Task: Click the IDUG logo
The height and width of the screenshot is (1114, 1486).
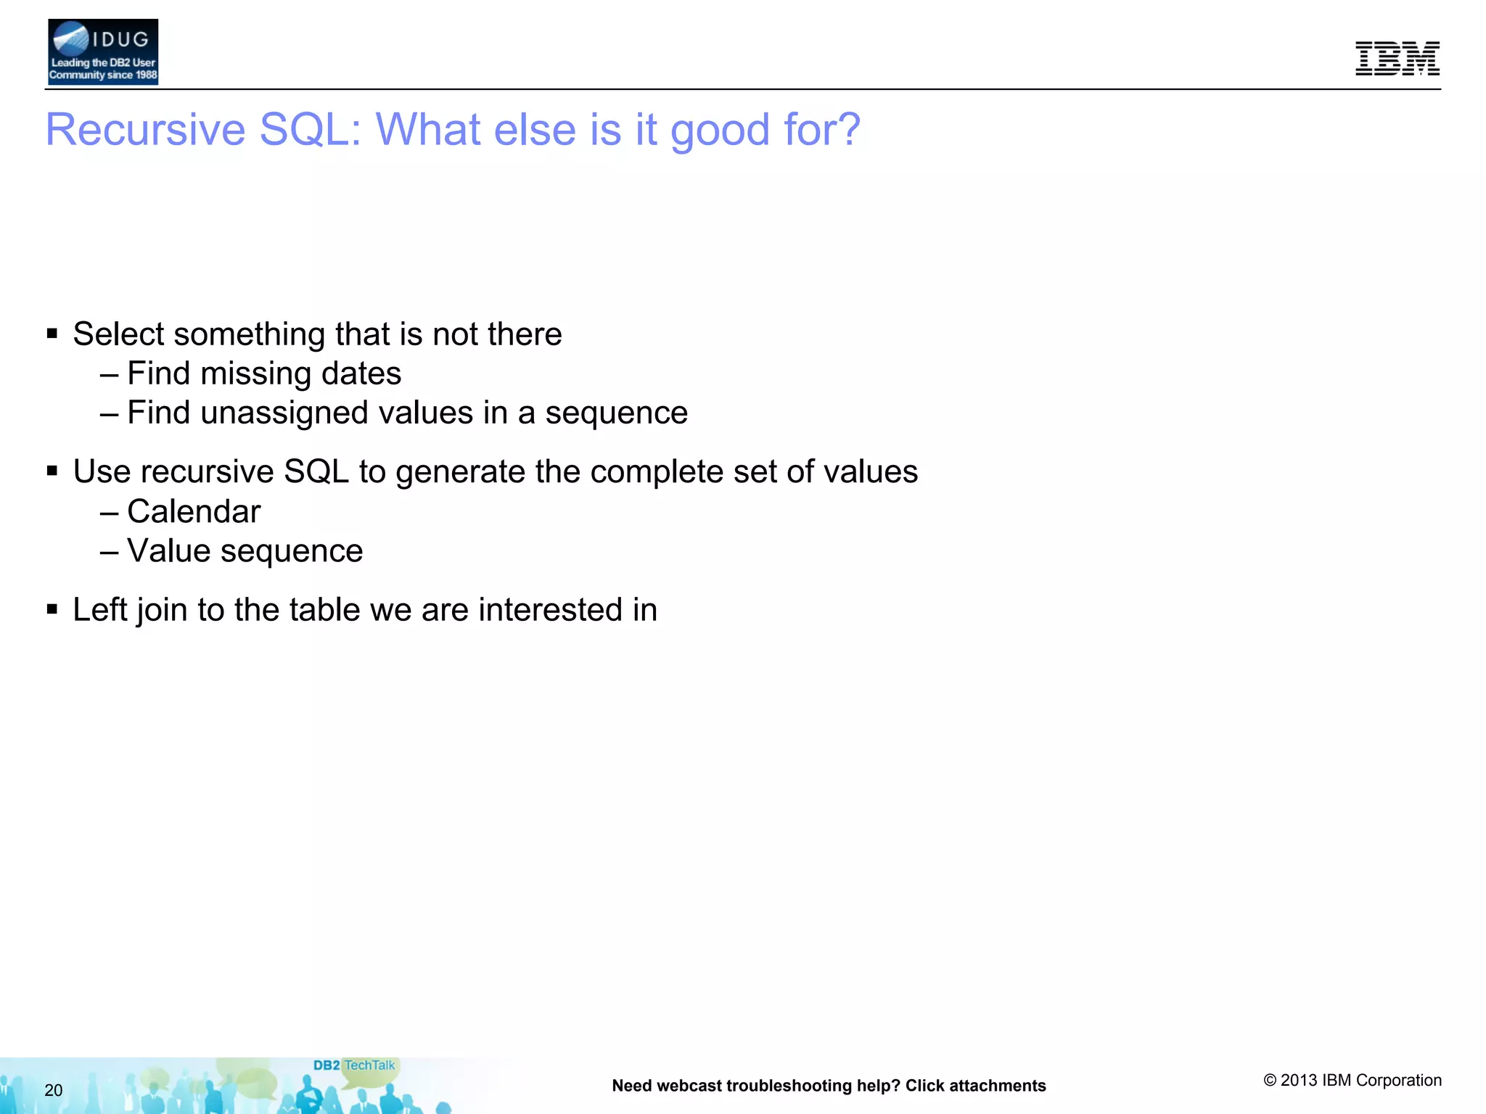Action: coord(102,52)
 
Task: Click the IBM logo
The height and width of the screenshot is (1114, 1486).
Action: coord(1397,58)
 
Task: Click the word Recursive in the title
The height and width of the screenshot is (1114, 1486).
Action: coord(145,130)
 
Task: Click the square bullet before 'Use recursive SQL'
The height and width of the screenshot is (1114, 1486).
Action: coord(52,471)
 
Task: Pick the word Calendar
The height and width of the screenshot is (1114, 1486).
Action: coord(194,512)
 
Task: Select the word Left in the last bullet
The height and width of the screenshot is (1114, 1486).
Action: coord(99,610)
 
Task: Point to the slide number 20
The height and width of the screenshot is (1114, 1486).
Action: coord(54,1090)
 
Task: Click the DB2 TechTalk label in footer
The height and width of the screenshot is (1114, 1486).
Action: coord(354,1065)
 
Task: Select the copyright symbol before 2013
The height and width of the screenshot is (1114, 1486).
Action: coord(1270,1081)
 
